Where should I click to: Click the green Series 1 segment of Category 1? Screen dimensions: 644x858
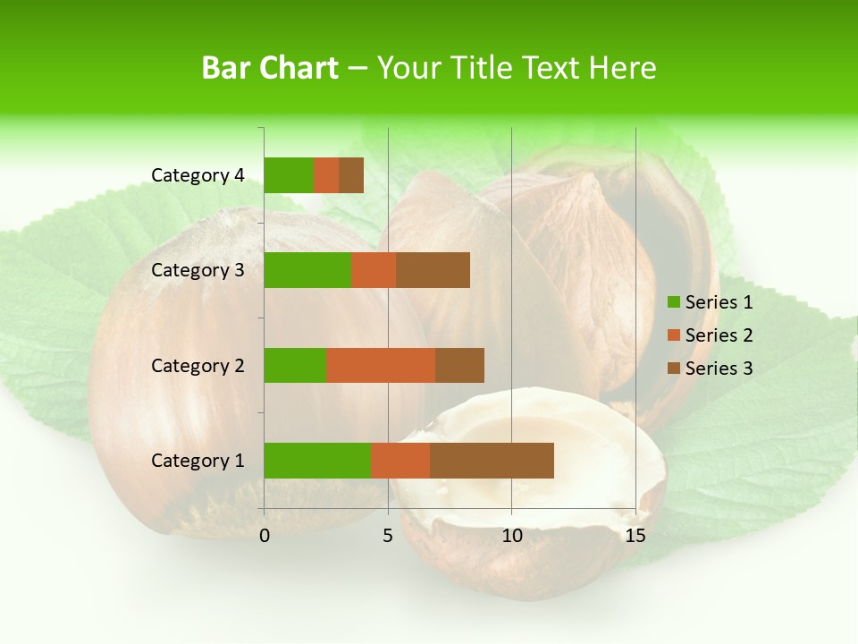[317, 461]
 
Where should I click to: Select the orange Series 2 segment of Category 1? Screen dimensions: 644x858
[400, 461]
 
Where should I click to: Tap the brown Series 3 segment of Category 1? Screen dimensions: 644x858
[492, 461]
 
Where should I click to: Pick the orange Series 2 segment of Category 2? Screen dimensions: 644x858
[381, 365]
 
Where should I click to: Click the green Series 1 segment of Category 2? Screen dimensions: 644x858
[295, 365]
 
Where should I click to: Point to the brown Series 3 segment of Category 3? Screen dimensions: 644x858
[433, 270]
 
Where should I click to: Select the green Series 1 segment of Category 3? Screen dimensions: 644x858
[307, 270]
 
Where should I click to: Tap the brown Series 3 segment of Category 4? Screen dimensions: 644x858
[351, 175]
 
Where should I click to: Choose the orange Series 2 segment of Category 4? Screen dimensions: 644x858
[326, 175]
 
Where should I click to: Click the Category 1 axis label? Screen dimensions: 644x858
[198, 461]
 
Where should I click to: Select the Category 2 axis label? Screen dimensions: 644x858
[198, 365]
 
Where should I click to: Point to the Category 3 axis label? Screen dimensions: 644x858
[198, 270]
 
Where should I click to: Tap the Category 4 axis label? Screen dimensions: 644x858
[198, 175]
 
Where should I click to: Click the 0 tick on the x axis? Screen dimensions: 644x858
[265, 536]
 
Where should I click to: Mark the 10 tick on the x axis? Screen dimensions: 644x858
[511, 536]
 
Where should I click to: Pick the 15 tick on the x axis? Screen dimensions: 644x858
[635, 536]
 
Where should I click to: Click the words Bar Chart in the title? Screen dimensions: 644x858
[270, 68]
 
